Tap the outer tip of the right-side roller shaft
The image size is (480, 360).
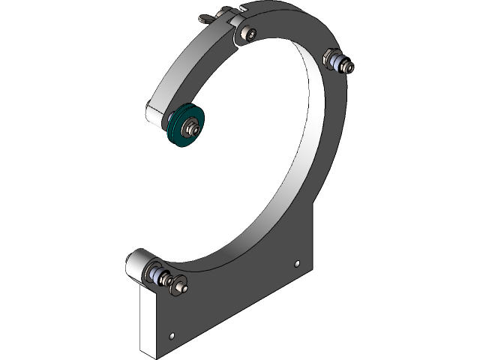[350, 70]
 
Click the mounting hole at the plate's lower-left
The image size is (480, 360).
[173, 335]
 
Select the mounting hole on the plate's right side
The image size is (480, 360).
[298, 263]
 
